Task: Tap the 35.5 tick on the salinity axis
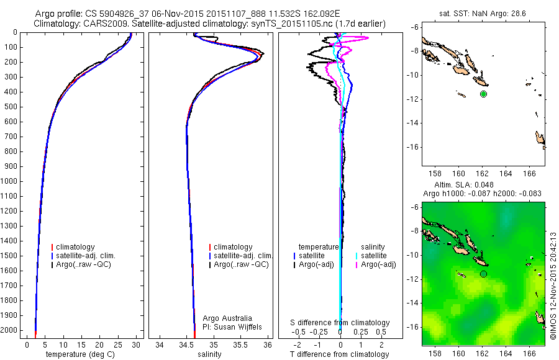point(241,343)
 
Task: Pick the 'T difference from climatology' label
point(340,354)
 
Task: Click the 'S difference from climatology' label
point(340,323)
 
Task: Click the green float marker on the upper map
point(483,94)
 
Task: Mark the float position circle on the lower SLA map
point(483,274)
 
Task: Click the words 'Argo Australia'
point(227,318)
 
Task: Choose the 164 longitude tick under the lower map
point(506,352)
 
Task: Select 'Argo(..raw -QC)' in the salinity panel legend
point(241,264)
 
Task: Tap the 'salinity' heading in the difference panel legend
point(373,247)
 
